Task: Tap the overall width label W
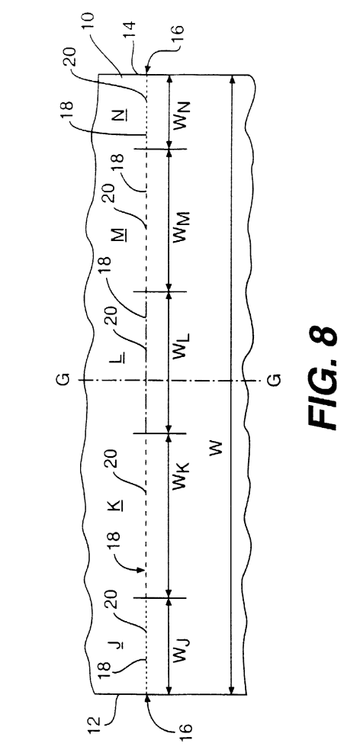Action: [217, 449]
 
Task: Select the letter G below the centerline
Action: [272, 379]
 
